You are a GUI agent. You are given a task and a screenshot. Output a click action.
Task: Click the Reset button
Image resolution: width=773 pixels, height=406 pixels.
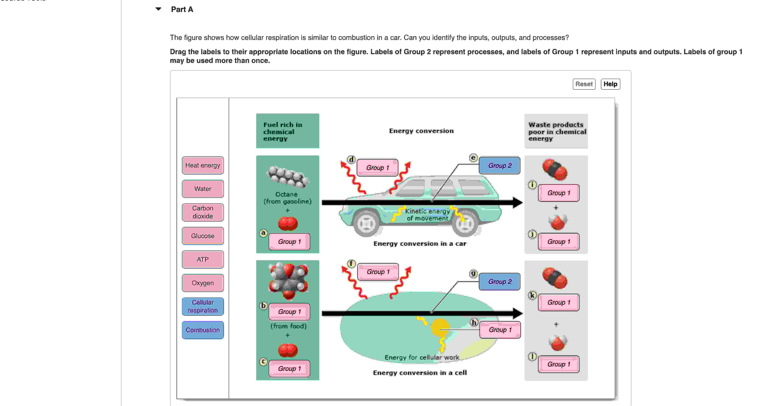[x=584, y=84]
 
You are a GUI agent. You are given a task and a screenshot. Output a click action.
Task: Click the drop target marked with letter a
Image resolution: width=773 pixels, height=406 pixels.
[x=289, y=242]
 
